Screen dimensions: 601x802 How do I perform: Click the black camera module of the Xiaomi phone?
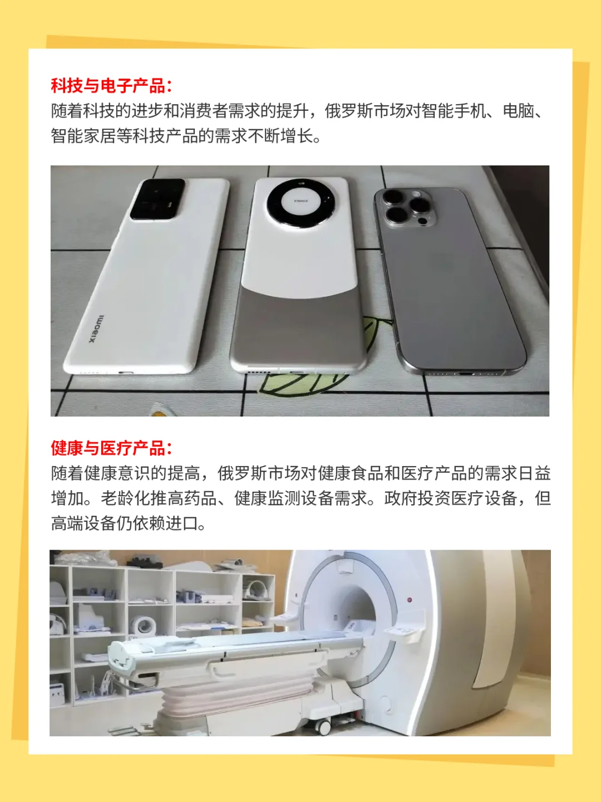tap(157, 199)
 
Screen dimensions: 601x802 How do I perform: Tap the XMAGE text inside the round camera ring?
tap(300, 200)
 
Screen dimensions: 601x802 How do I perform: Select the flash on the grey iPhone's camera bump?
tap(416, 194)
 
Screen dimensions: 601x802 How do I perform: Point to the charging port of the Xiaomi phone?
tap(126, 373)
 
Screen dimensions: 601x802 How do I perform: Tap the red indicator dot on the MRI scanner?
tap(410, 600)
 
